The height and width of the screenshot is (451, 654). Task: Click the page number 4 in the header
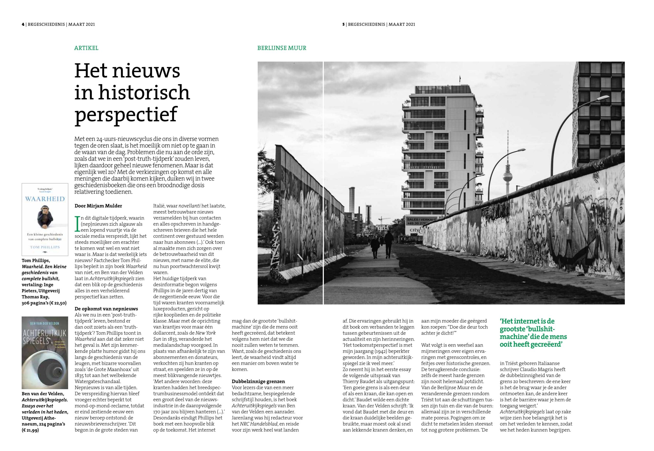23,24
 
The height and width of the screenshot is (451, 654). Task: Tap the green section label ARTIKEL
86,48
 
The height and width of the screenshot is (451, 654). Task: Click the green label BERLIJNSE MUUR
282,48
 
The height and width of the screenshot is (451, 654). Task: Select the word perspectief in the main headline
126,114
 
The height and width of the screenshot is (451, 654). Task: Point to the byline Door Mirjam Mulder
98,206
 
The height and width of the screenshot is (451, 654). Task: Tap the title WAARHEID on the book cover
45,199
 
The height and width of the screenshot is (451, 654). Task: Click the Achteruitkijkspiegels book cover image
45,353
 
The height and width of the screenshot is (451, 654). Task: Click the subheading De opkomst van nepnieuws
106,309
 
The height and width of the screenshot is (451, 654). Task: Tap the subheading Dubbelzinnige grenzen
258,381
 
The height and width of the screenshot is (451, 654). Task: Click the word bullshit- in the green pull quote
541,329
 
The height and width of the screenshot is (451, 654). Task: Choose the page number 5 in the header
344,24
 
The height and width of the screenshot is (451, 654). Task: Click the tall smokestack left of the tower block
352,201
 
